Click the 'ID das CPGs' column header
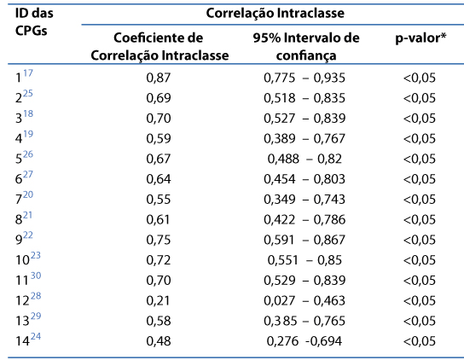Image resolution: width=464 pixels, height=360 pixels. click(34, 22)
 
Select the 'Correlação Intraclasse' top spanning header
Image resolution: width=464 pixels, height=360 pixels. click(275, 14)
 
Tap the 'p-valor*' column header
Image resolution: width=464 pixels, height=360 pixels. click(420, 38)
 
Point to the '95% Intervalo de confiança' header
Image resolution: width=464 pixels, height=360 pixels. click(306, 46)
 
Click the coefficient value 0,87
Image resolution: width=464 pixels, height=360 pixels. click(159, 78)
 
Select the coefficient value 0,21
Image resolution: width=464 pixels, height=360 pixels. click(159, 301)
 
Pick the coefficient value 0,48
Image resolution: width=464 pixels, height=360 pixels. click(159, 341)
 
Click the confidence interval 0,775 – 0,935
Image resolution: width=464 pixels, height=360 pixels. click(304, 78)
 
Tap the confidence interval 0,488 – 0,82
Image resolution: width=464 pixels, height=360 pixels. click(304, 159)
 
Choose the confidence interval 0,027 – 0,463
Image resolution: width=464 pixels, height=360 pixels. click(304, 301)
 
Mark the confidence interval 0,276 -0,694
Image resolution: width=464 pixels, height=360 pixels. click(304, 341)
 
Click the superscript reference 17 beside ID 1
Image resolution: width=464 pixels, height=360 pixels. click(28, 73)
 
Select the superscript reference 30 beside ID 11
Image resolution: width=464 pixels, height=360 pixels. click(36, 276)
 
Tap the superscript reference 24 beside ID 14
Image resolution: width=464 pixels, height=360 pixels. click(36, 336)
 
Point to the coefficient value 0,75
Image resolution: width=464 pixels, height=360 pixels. click(159, 240)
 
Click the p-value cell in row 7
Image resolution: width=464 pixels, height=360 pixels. click(420, 200)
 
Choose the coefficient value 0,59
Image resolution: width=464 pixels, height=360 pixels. click(159, 138)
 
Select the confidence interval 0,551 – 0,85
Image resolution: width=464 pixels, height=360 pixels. click(304, 260)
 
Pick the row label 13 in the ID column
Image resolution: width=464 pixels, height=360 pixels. click(22, 321)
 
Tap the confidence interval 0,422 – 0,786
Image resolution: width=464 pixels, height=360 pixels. click(304, 220)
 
